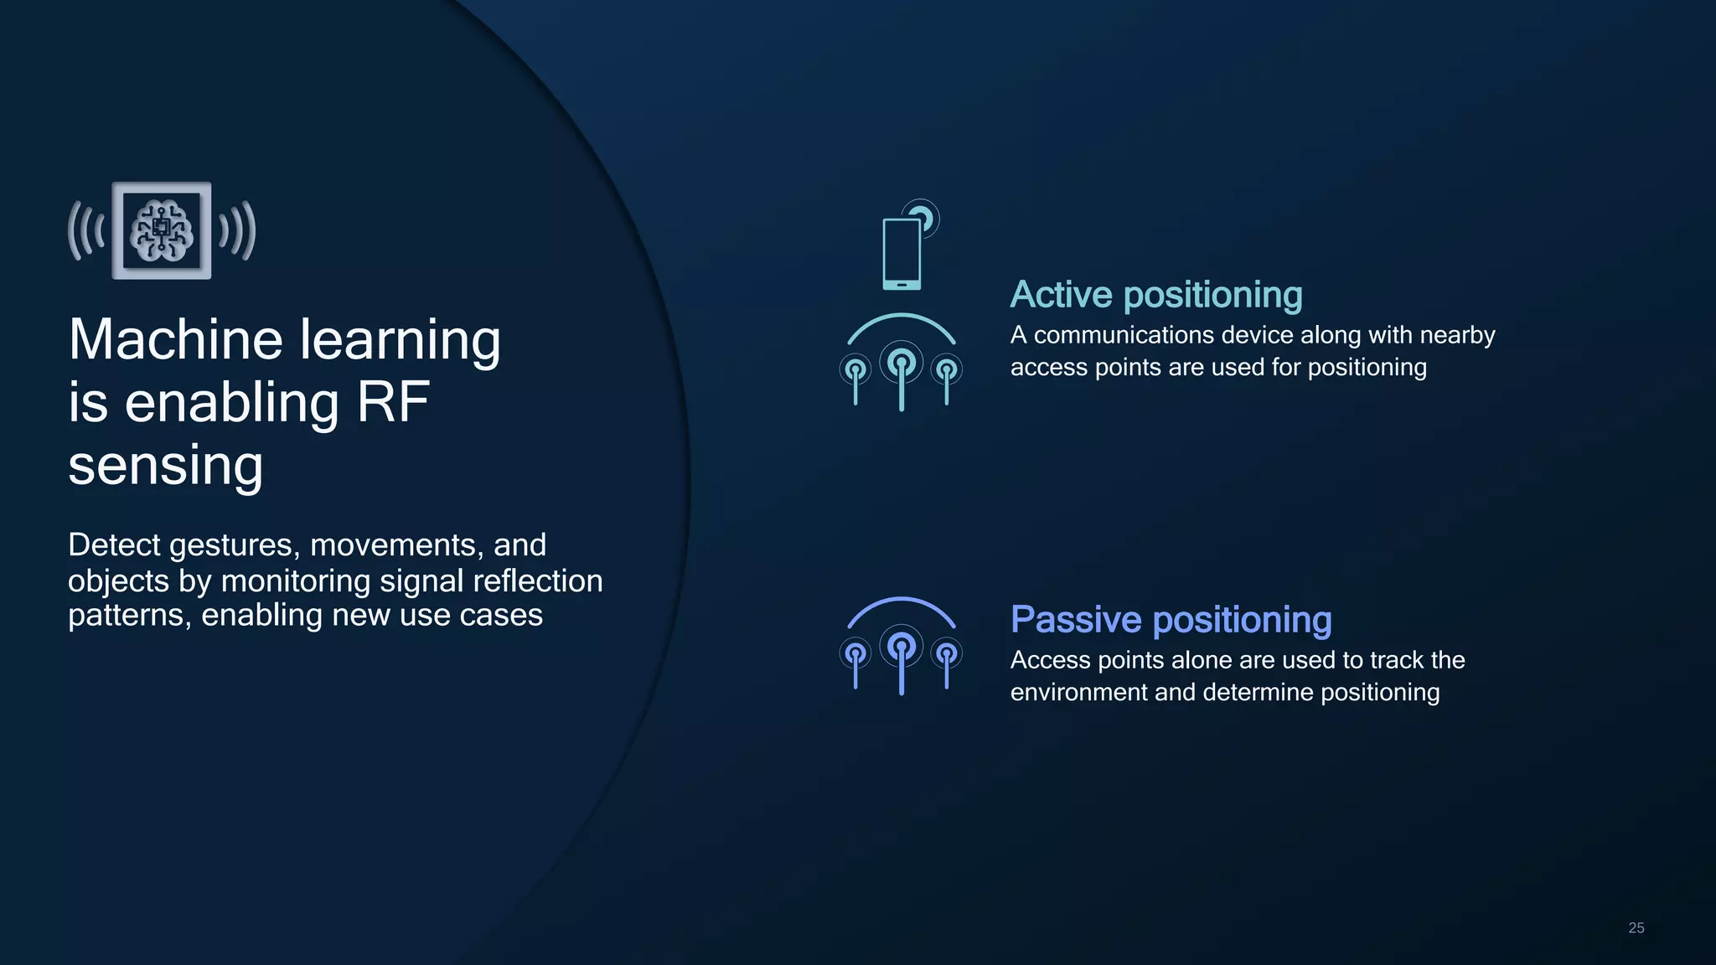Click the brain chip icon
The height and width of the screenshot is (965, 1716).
(x=162, y=230)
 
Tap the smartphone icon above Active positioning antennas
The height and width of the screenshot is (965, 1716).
(x=902, y=253)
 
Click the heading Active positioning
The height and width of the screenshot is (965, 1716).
(x=1156, y=295)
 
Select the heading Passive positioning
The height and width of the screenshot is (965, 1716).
(x=1171, y=620)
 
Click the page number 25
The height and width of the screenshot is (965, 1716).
(x=1636, y=928)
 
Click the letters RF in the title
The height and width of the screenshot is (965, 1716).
(x=393, y=403)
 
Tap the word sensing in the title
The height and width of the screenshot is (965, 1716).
(x=165, y=466)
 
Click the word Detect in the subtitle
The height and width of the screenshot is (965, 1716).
(x=114, y=545)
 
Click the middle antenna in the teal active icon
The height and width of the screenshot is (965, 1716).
(x=902, y=373)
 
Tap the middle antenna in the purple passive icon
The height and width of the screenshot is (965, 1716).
(x=902, y=657)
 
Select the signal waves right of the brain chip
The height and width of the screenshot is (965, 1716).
(x=237, y=230)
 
